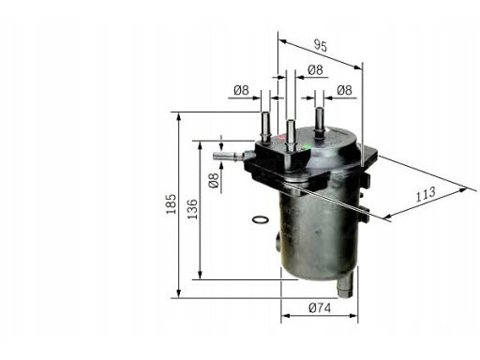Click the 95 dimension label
pos(321,46)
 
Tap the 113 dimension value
pos(426,194)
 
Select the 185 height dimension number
pos(171,204)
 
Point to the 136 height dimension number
pos(193,209)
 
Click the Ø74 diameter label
pos(320,308)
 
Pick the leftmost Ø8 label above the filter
pos(241,90)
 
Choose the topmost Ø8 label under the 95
pos(315,69)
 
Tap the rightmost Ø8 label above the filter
pos(344,90)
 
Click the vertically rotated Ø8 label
pos(214,181)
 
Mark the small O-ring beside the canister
pos(261,220)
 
